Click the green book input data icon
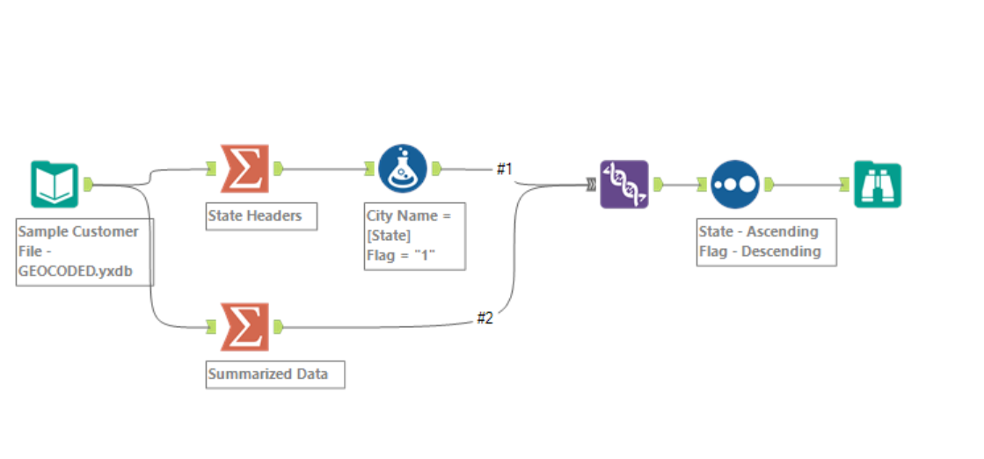(x=55, y=184)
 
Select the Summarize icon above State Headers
(x=244, y=167)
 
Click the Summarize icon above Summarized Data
(x=244, y=326)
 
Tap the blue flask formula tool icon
(x=403, y=168)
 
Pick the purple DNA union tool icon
(x=624, y=184)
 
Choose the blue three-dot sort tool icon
(x=735, y=184)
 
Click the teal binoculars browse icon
(x=878, y=184)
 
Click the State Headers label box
(x=261, y=216)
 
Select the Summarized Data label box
(x=274, y=375)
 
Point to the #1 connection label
(x=504, y=169)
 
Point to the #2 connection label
(x=485, y=318)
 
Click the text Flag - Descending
(x=760, y=251)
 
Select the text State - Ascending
(x=758, y=232)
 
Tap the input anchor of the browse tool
(x=844, y=184)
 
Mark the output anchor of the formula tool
(x=437, y=168)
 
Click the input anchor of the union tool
(x=591, y=184)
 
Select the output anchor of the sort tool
(x=769, y=184)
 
